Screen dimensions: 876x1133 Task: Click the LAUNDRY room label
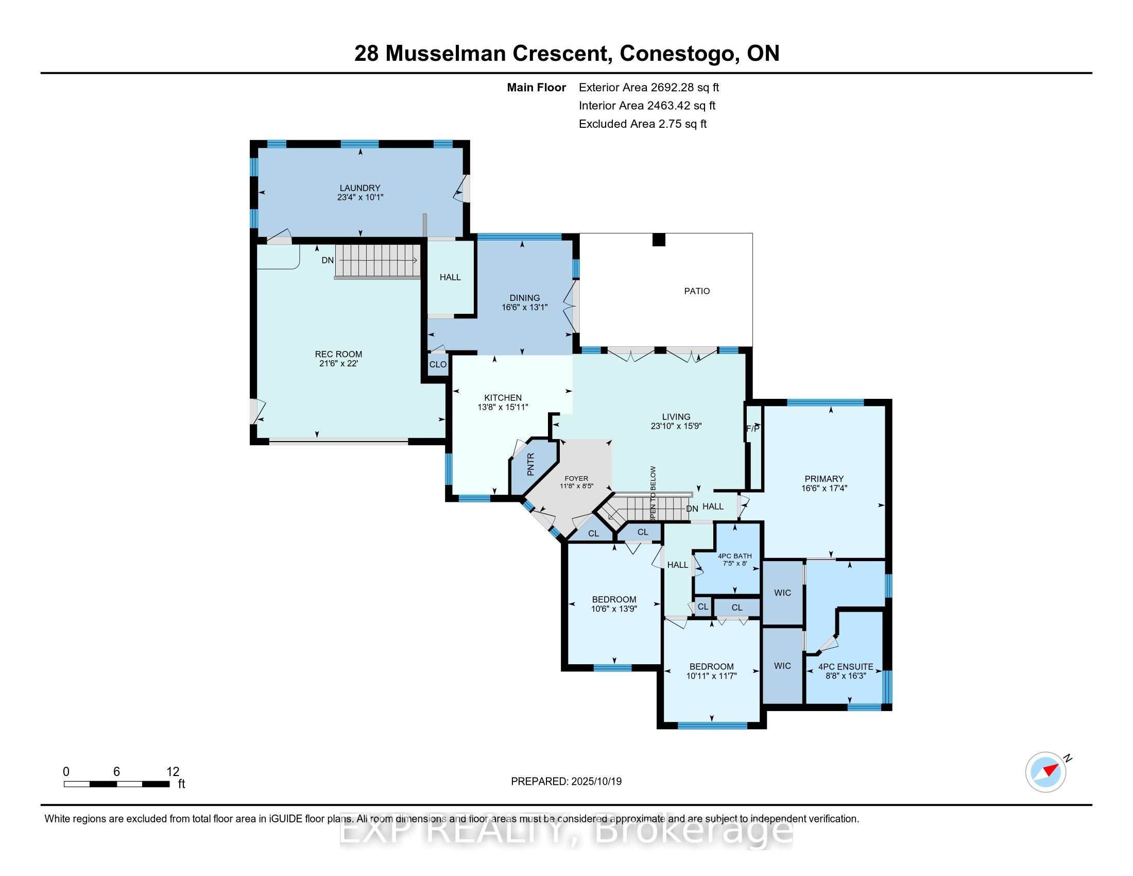[x=360, y=188]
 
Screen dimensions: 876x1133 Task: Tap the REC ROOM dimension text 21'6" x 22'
[x=338, y=364]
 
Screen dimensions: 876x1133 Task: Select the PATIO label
[x=697, y=291]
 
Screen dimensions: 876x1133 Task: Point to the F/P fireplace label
[x=753, y=429]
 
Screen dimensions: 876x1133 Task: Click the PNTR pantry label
[x=530, y=465]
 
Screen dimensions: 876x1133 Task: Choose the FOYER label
[x=576, y=479]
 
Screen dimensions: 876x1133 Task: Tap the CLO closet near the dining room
[x=438, y=364]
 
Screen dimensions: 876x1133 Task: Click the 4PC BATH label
[x=734, y=556]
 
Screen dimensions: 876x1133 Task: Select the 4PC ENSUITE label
[x=846, y=667]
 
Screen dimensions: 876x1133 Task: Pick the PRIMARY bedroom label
[x=824, y=479]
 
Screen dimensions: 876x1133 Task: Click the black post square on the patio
[x=658, y=240]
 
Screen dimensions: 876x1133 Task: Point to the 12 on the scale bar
[x=173, y=772]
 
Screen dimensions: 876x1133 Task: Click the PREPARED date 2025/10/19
[x=595, y=782]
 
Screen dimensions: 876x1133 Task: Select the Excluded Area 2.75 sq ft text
[x=643, y=124]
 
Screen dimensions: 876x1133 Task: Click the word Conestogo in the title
[x=680, y=53]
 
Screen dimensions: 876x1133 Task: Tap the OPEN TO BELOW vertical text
[x=653, y=494]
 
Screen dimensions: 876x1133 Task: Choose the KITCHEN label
[x=503, y=398]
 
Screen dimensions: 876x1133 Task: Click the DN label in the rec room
[x=328, y=261]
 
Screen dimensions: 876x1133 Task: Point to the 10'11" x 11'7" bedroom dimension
[x=711, y=676]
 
